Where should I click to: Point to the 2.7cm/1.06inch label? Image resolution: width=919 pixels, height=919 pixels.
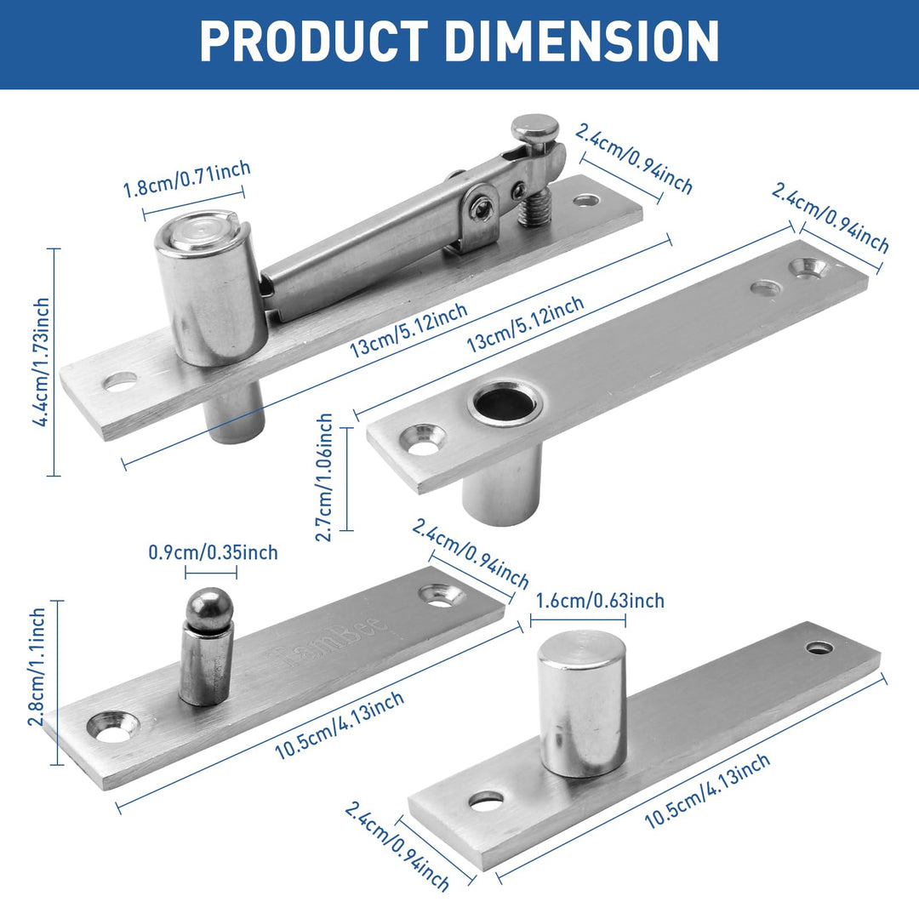point(324,477)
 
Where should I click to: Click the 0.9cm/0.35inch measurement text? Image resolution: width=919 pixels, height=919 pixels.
point(213,552)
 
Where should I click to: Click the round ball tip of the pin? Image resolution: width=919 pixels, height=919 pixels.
point(209,607)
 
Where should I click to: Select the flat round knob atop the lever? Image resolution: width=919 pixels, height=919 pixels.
point(534,128)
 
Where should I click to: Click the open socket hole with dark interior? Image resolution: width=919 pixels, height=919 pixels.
point(505,403)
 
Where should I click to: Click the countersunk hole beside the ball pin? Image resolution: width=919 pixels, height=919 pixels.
point(114,725)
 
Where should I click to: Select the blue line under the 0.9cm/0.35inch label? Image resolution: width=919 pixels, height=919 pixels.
point(212,572)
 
